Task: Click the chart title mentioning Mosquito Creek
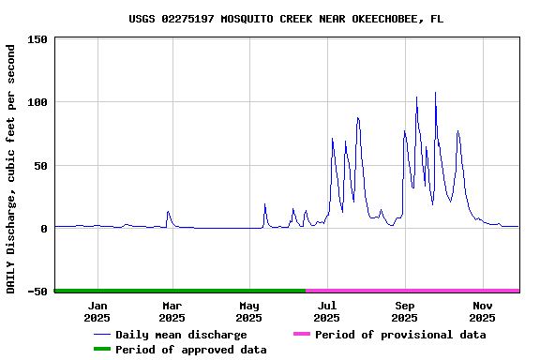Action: point(286,19)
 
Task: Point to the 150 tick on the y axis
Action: point(37,39)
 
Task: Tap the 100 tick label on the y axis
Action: point(37,102)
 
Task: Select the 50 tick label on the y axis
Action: point(40,166)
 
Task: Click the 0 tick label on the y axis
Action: point(44,229)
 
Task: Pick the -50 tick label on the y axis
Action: point(37,292)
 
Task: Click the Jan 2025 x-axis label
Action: point(97,311)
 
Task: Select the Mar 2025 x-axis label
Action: point(172,311)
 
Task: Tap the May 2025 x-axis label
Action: point(249,311)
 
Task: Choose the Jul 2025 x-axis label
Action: point(327,311)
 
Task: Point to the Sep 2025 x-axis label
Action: point(405,311)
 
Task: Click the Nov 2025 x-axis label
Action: point(482,311)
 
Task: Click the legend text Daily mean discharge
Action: point(181,335)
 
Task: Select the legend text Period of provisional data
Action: point(400,335)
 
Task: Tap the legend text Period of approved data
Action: point(190,350)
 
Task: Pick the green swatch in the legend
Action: point(101,350)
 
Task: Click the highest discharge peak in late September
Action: point(435,93)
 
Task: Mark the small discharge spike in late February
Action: point(168,212)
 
